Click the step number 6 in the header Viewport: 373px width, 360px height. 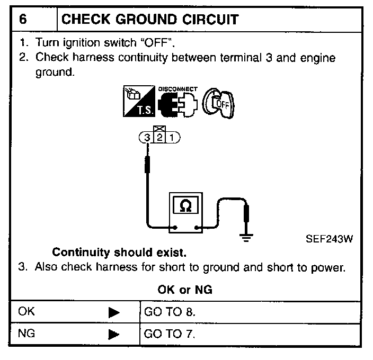pos(23,20)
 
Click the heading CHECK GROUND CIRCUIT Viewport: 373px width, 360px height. pos(150,20)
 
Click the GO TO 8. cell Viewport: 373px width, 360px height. pos(170,312)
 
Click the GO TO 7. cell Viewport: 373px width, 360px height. pos(170,335)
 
